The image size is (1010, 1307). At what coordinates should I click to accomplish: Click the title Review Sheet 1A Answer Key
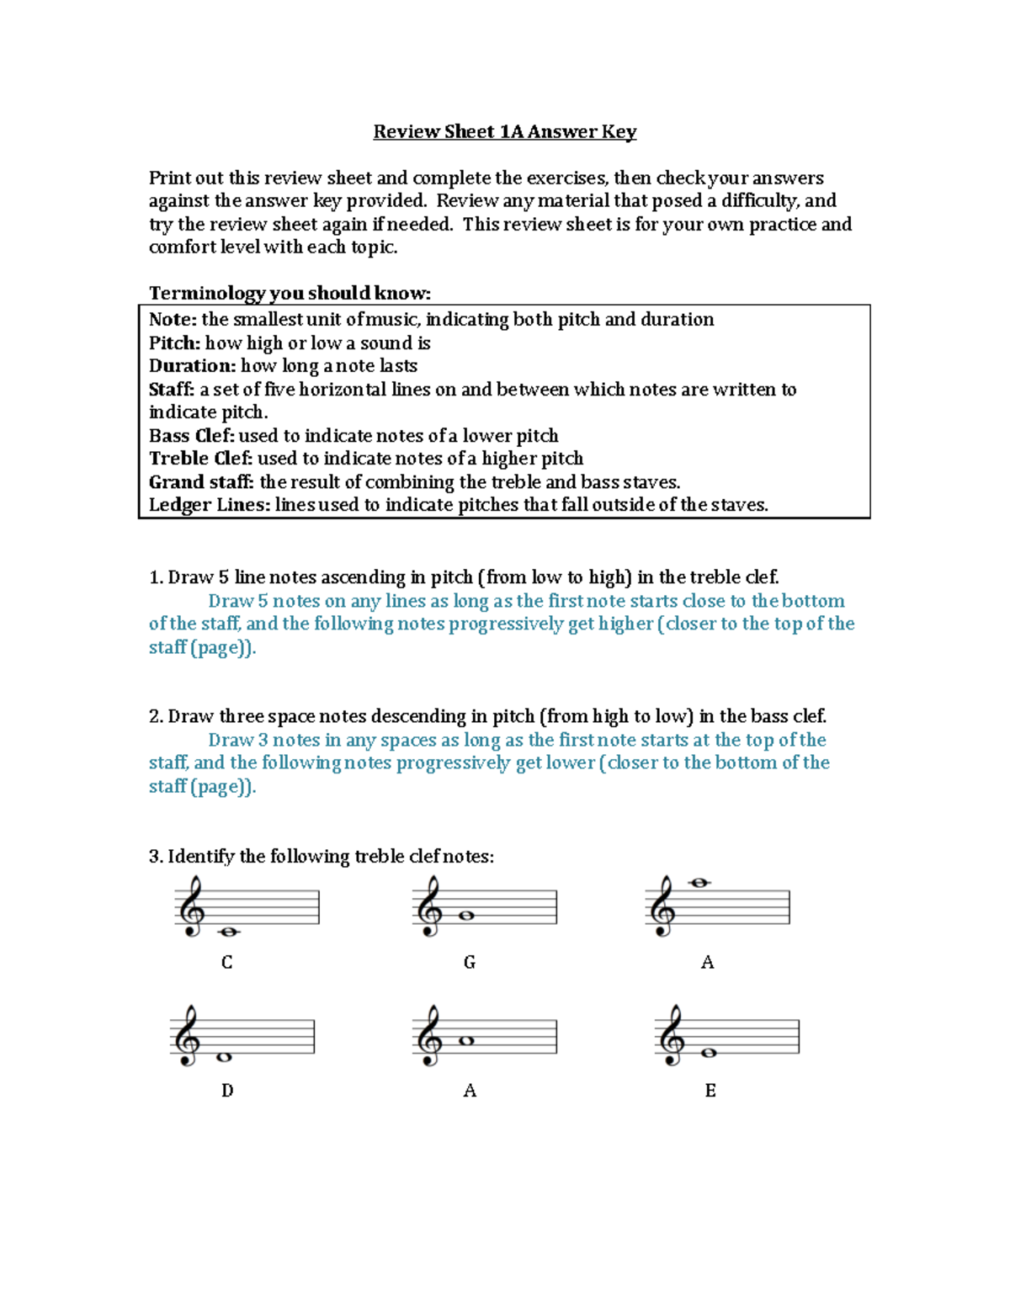[504, 131]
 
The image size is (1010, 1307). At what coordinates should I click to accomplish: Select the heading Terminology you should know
[290, 293]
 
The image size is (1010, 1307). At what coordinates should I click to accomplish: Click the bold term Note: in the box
[173, 320]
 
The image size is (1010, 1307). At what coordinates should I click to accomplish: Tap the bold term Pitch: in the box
[174, 343]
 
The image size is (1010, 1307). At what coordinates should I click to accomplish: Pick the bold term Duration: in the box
[192, 366]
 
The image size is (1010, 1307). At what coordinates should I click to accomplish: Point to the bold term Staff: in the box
[172, 390]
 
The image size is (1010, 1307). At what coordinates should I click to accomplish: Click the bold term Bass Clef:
[191, 436]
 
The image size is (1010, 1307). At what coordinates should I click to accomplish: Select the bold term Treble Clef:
[200, 459]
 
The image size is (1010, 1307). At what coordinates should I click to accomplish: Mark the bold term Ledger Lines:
[210, 505]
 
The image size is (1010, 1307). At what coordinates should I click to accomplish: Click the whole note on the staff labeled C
[228, 932]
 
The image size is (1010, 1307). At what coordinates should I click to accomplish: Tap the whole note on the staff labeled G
[466, 916]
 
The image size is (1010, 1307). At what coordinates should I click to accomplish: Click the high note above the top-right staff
[699, 883]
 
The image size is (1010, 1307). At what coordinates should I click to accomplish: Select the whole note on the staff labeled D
[224, 1057]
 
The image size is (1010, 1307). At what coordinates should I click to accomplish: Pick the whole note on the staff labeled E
[709, 1053]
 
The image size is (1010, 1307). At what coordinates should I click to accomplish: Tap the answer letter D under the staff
[226, 1091]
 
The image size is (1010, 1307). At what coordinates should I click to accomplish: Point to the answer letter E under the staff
[710, 1091]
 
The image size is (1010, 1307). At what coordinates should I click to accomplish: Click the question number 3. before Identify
[156, 857]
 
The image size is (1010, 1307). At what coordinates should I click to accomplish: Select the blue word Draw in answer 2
[230, 740]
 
